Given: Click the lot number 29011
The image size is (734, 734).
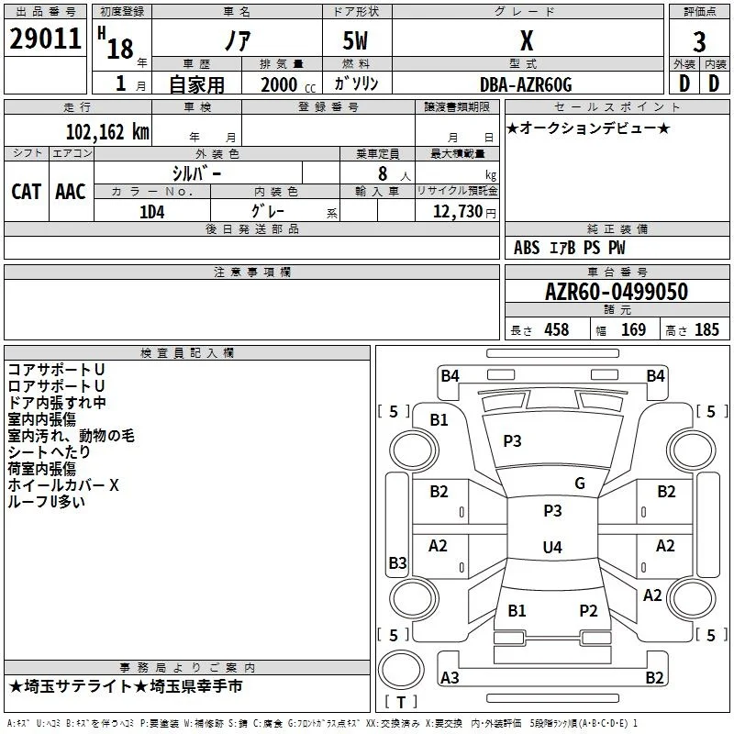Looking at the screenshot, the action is tap(45, 39).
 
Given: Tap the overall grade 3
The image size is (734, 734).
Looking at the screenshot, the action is tap(699, 41).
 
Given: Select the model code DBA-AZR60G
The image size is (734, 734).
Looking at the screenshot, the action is tap(526, 84).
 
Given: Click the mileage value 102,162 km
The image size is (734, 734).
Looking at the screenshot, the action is tap(107, 132).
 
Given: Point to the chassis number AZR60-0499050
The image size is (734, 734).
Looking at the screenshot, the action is tap(616, 292).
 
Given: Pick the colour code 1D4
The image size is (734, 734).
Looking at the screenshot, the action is tap(151, 212).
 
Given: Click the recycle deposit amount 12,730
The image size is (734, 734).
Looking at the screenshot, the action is tap(458, 211).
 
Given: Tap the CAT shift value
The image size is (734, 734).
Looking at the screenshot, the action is tap(27, 192).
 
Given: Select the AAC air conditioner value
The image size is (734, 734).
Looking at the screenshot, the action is tap(71, 192).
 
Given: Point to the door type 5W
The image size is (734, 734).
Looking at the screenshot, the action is tap(355, 40).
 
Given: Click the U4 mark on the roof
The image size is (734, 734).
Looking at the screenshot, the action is tap(552, 547).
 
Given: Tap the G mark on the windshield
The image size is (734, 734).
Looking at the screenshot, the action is tap(580, 483).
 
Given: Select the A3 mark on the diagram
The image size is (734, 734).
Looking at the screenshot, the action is tap(450, 677).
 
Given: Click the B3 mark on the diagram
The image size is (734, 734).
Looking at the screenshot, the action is tap(397, 562).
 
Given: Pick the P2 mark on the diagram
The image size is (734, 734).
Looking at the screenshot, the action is tap(588, 610).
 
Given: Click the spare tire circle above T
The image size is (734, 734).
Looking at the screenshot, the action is tap(401, 670).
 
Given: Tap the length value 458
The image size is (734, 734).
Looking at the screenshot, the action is tap(557, 329).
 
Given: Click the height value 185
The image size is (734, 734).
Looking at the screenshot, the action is tap(706, 329).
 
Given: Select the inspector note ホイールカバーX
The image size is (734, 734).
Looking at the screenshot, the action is tap(63, 485).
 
